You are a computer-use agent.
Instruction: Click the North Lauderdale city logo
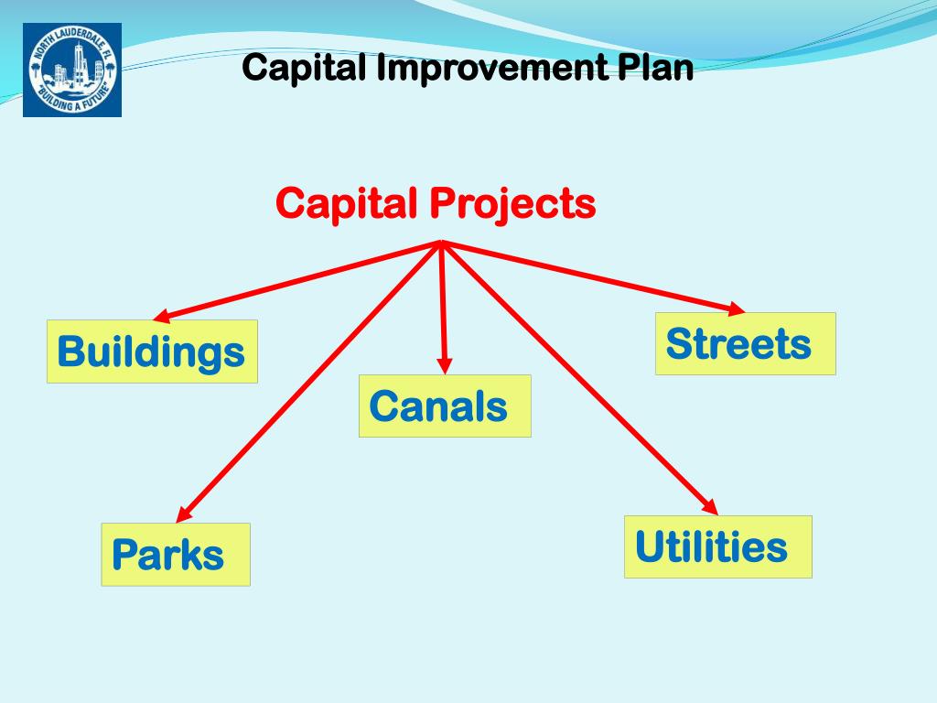tap(72, 70)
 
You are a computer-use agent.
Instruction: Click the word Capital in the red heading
tap(347, 203)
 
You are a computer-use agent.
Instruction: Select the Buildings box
tap(152, 351)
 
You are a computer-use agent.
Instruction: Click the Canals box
tap(445, 406)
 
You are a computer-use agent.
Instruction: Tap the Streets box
tap(745, 343)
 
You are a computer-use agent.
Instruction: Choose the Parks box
tap(176, 555)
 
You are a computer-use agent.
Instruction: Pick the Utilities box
tap(717, 546)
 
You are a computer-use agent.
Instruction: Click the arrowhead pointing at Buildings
tap(160, 317)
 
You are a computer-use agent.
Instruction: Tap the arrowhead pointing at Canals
tap(446, 365)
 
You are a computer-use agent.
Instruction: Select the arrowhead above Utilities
tap(710, 506)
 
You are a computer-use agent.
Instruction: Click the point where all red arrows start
tap(442, 243)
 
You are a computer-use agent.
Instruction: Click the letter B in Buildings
tap(70, 351)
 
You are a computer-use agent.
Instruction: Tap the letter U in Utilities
tap(648, 546)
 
